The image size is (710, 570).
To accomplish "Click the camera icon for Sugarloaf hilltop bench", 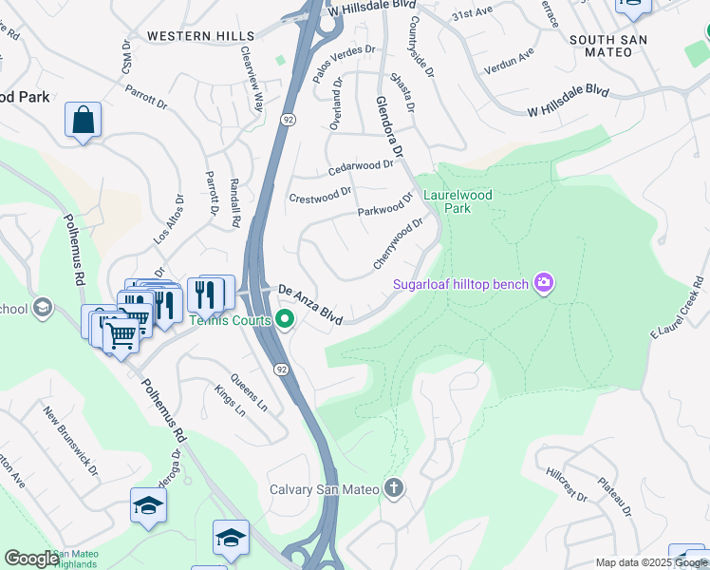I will pos(544,282).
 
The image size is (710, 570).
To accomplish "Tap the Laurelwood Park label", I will pos(458,200).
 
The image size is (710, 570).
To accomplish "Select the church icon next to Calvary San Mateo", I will pos(394,489).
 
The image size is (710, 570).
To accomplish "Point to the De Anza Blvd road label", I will pos(308,300).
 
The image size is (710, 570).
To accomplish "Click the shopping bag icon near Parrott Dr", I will pos(84,121).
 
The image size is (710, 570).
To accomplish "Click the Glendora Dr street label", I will pos(389,126).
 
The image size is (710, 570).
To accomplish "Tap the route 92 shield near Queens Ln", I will pos(282,369).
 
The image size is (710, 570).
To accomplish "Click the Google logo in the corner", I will pos(31,559).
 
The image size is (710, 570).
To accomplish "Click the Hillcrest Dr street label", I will pos(568,484).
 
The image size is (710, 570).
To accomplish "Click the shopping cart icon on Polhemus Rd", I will pos(121,334).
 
